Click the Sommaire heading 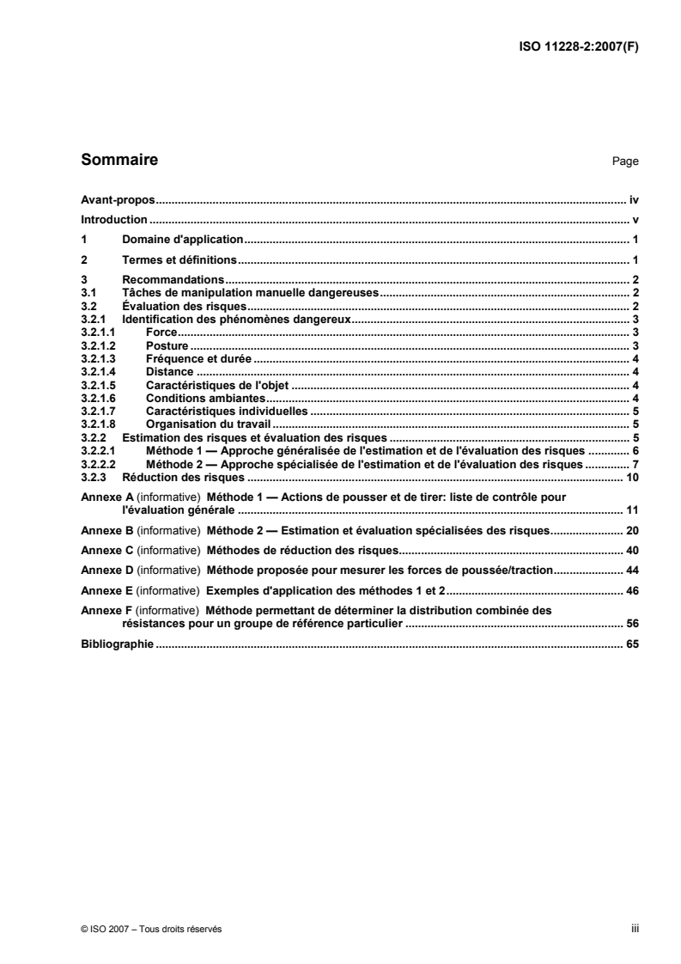click(x=119, y=160)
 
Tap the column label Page click(x=625, y=162)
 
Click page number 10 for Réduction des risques click(x=632, y=477)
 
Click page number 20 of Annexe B click(x=632, y=529)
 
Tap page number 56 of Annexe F click(x=632, y=623)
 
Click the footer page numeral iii click(x=635, y=929)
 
